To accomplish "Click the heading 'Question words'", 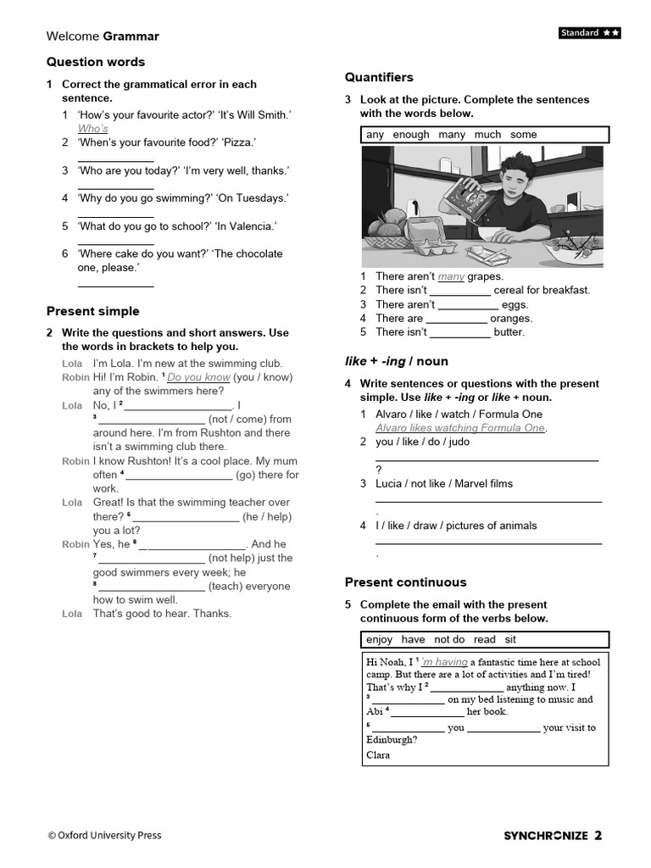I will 96,62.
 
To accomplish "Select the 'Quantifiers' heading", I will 379,77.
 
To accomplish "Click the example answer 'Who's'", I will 93,129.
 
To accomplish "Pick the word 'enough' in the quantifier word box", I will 411,135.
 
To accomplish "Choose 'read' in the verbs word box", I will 485,640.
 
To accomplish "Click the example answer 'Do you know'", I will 198,377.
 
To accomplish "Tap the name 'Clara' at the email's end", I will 378,755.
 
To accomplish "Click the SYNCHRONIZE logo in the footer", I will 546,836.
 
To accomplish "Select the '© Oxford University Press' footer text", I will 104,836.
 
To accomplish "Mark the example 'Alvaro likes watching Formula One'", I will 460,428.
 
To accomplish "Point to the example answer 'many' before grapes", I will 451,276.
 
